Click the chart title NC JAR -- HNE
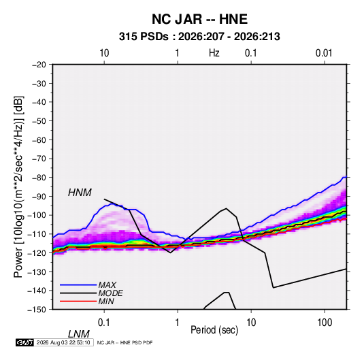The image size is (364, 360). [x=199, y=19]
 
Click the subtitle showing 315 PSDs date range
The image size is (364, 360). [x=199, y=37]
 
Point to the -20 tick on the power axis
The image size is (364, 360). [x=39, y=65]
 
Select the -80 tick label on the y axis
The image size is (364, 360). [x=39, y=178]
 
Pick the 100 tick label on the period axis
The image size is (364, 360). [x=325, y=323]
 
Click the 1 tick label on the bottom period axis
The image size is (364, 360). [x=178, y=323]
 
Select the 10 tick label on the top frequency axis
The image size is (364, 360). [x=104, y=53]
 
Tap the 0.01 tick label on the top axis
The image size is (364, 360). [x=324, y=53]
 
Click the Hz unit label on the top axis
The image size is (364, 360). [x=214, y=53]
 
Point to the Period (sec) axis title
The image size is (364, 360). [x=214, y=330]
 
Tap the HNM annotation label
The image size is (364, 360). [x=80, y=193]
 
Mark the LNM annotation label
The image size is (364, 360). [x=79, y=334]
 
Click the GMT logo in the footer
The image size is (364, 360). [x=25, y=342]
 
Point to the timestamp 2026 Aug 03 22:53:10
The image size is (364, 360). [x=63, y=342]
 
